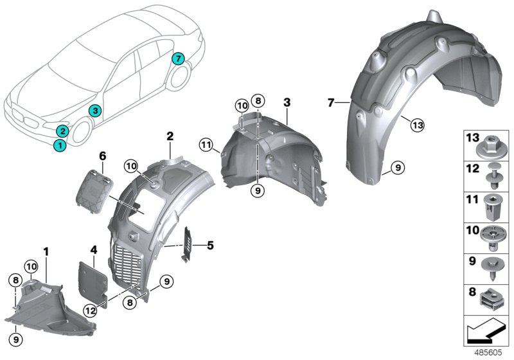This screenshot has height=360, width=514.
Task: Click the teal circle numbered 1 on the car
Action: click(x=59, y=145)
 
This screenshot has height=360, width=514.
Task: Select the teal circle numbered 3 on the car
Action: click(x=94, y=111)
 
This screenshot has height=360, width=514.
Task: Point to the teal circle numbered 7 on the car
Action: click(x=179, y=59)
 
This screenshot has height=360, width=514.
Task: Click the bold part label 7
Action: click(x=330, y=102)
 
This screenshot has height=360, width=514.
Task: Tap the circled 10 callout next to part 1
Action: click(x=31, y=266)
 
